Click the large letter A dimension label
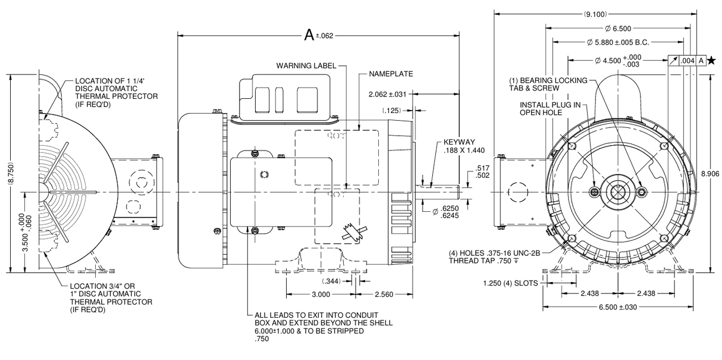click(x=309, y=35)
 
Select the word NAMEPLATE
click(x=391, y=74)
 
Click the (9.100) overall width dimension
click(x=600, y=14)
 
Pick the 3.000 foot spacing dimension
click(x=321, y=295)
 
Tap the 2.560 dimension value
click(x=385, y=295)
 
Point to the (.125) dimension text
click(x=391, y=110)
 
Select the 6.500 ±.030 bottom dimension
click(x=619, y=308)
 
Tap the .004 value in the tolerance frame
click(x=688, y=60)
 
